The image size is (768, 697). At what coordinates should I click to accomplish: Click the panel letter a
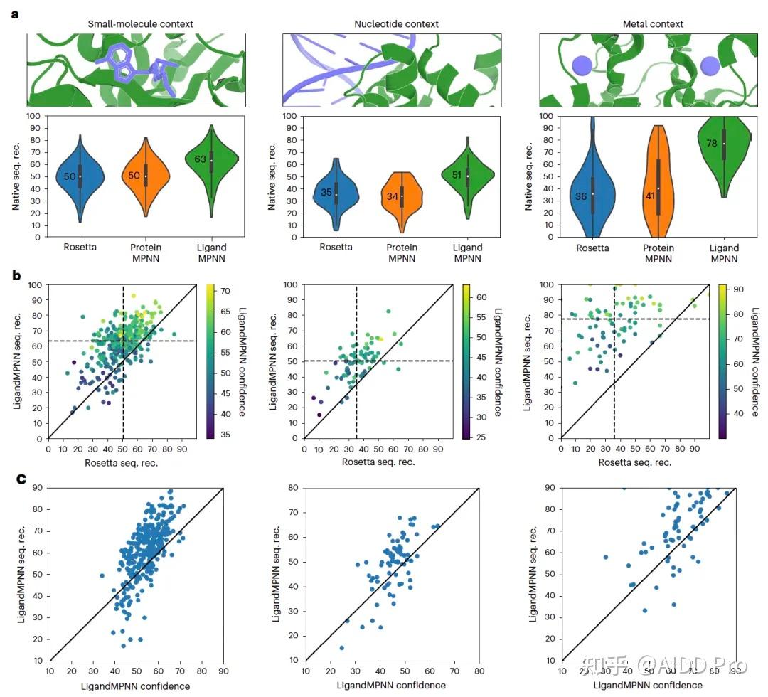[16, 14]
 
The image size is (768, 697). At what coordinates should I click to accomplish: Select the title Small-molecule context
[140, 24]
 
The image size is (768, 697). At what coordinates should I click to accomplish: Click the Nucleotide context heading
[396, 24]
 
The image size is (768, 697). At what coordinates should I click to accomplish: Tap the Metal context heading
[653, 24]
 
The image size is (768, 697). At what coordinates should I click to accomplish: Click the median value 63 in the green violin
[201, 159]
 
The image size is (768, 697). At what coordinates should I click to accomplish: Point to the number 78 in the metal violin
[711, 143]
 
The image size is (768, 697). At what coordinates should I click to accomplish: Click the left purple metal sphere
[582, 67]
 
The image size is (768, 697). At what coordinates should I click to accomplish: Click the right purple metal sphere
[709, 67]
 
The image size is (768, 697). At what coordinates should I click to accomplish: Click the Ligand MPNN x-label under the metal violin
[725, 252]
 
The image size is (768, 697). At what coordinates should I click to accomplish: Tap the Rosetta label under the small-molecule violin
[80, 248]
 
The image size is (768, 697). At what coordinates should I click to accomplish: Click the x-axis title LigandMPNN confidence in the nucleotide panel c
[391, 686]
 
